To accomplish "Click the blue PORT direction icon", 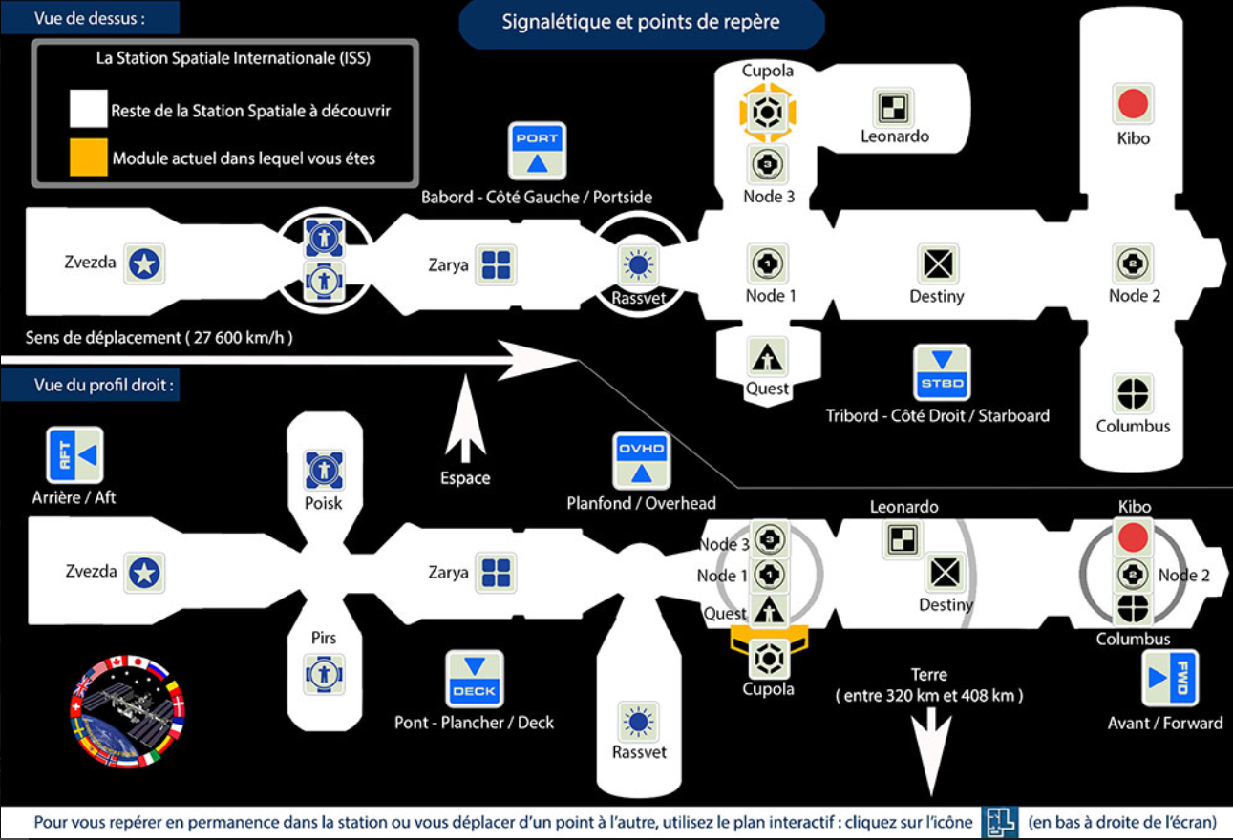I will pos(537,151).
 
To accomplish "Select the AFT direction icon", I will pos(74,455).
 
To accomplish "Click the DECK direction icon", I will pos(475,679).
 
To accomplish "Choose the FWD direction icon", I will pos(1170,678).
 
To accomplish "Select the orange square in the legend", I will pos(89,157).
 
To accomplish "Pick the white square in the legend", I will pos(89,110).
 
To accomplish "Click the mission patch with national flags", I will pos(128,711).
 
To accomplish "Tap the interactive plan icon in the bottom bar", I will pos(999,821).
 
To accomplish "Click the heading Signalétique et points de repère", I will pos(642,23).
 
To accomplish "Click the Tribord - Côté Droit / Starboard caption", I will pos(937,416).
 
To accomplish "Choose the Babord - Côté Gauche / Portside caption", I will pos(537,197).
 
